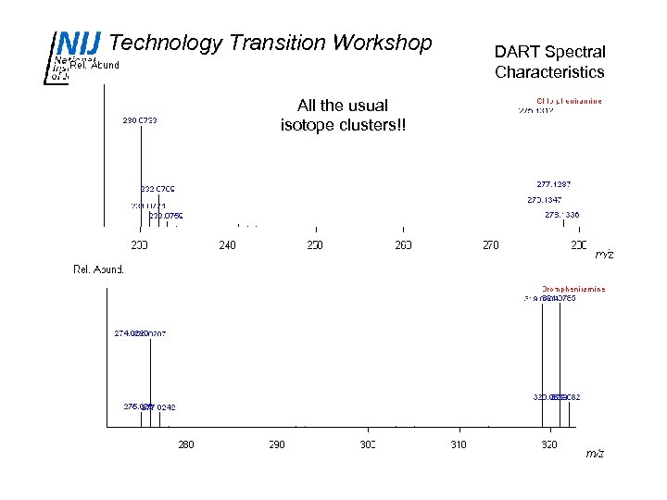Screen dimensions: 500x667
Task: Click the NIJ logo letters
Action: click(x=78, y=44)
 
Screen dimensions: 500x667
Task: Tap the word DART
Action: click(x=514, y=52)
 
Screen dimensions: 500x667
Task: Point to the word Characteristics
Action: click(x=549, y=72)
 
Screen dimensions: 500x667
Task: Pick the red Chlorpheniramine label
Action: click(x=569, y=101)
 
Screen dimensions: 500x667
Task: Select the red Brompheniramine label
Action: click(x=573, y=289)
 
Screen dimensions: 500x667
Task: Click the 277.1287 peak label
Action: click(x=555, y=184)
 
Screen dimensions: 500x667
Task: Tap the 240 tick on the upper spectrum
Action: click(x=227, y=244)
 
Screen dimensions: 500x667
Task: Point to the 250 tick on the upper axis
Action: click(x=315, y=244)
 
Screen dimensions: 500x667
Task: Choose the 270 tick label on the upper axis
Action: click(x=491, y=244)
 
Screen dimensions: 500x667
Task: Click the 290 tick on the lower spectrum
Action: click(x=277, y=445)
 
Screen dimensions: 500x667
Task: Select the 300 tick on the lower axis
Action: click(x=368, y=445)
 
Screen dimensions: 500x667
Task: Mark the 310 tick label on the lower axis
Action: click(x=459, y=445)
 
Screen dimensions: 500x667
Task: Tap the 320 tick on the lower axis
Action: click(x=548, y=445)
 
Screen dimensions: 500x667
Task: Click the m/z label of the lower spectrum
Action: click(x=595, y=454)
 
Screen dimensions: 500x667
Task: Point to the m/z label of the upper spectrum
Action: click(x=604, y=254)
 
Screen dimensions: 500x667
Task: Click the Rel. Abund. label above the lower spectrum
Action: click(x=98, y=269)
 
